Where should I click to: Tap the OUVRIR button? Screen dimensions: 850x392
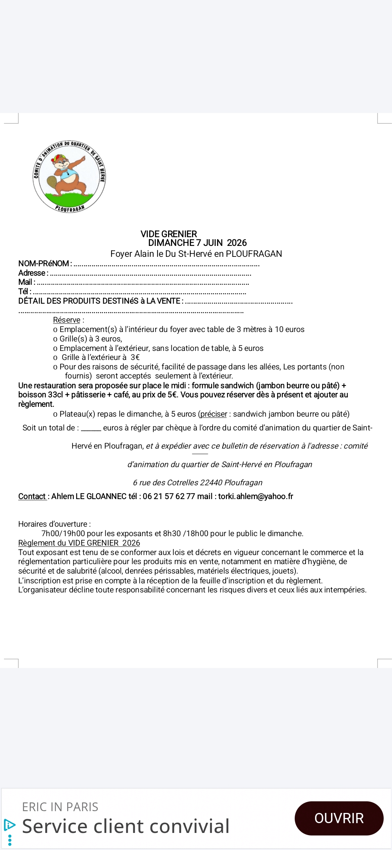tap(339, 818)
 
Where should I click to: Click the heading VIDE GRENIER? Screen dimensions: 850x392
tap(169, 234)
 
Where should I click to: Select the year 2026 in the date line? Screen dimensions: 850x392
tap(237, 243)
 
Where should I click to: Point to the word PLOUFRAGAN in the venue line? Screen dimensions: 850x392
tap(254, 254)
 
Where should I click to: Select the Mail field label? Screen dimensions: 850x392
tap(26, 282)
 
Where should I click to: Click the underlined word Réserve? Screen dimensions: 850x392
tap(66, 320)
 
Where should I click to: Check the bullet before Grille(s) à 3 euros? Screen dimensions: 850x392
tap(55, 339)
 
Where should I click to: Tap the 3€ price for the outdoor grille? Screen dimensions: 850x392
tap(135, 357)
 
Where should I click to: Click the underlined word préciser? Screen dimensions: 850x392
tap(213, 414)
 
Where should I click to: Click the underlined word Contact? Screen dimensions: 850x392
tap(32, 497)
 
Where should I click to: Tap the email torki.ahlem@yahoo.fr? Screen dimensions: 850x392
tap(256, 497)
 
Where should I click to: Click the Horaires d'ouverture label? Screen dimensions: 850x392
tap(54, 524)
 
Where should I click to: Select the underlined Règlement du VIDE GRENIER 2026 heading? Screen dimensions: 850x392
tap(79, 543)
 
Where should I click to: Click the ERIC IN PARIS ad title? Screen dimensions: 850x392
tap(60, 807)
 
